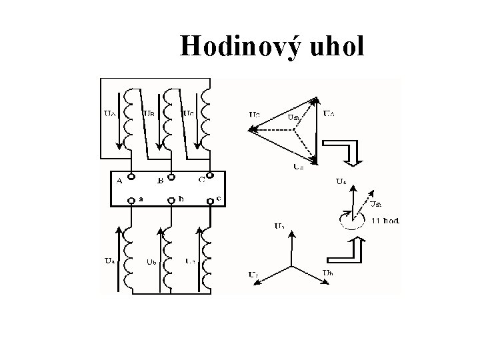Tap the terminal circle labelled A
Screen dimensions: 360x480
(x=131, y=177)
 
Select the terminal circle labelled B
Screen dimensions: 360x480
(x=171, y=177)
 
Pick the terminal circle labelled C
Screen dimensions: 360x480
(x=209, y=176)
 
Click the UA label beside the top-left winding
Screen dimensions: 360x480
(x=110, y=113)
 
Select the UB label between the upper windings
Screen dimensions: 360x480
(x=151, y=113)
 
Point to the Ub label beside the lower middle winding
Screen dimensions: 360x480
(x=151, y=261)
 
